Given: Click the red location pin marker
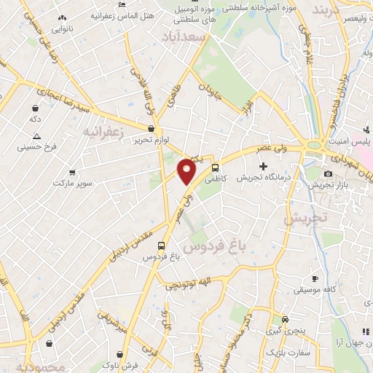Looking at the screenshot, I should pos(187,171).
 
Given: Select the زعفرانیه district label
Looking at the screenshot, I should pos(100,133).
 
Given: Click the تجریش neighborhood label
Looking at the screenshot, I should pos(307,218).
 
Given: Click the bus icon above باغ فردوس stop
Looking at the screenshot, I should pos(162,246).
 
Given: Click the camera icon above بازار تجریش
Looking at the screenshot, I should pos(328,173).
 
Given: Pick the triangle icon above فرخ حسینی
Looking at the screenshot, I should pos(36,136).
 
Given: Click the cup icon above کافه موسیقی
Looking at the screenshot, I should pos(315,278).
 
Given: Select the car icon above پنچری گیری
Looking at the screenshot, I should pos(285,318).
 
